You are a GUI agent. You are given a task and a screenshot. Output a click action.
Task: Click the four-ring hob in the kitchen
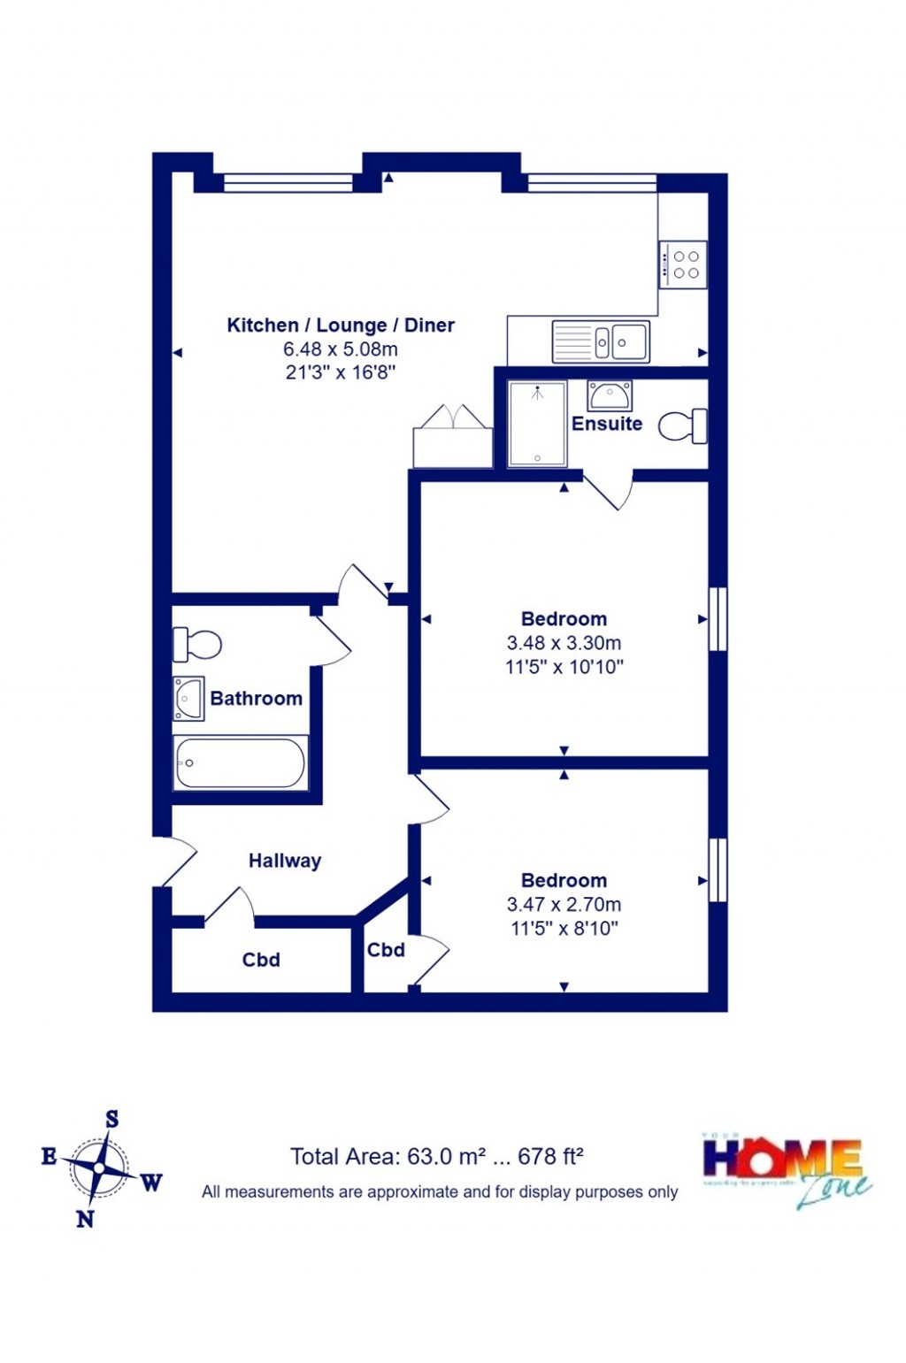coord(683,264)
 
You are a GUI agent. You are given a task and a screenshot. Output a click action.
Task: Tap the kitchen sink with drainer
coord(601,341)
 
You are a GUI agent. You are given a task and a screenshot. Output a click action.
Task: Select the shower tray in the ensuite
coord(537,424)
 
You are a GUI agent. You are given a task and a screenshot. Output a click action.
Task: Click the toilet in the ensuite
coord(683,425)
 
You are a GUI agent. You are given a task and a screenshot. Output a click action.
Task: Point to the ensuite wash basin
coord(610,394)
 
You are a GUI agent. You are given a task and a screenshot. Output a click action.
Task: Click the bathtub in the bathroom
coord(241,762)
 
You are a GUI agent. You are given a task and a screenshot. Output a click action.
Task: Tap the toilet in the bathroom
coord(196,644)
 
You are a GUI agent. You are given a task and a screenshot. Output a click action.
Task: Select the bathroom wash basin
coord(188,698)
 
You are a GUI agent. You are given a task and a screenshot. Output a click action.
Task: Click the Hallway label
coord(284,861)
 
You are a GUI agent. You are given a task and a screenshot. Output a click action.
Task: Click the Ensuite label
coord(607,424)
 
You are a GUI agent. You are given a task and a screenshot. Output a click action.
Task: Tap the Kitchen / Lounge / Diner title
coord(341,325)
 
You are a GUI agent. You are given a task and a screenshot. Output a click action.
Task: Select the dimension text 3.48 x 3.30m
coord(564,643)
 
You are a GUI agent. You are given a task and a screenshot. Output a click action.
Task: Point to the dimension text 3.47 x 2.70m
coord(564,905)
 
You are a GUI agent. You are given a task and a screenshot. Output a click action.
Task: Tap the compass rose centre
coord(99,1168)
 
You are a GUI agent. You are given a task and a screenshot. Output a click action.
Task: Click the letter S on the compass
coord(112,1120)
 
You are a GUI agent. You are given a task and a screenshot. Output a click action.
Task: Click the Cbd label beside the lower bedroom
coord(386,950)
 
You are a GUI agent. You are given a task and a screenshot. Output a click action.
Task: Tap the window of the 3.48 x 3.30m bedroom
coord(718,619)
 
